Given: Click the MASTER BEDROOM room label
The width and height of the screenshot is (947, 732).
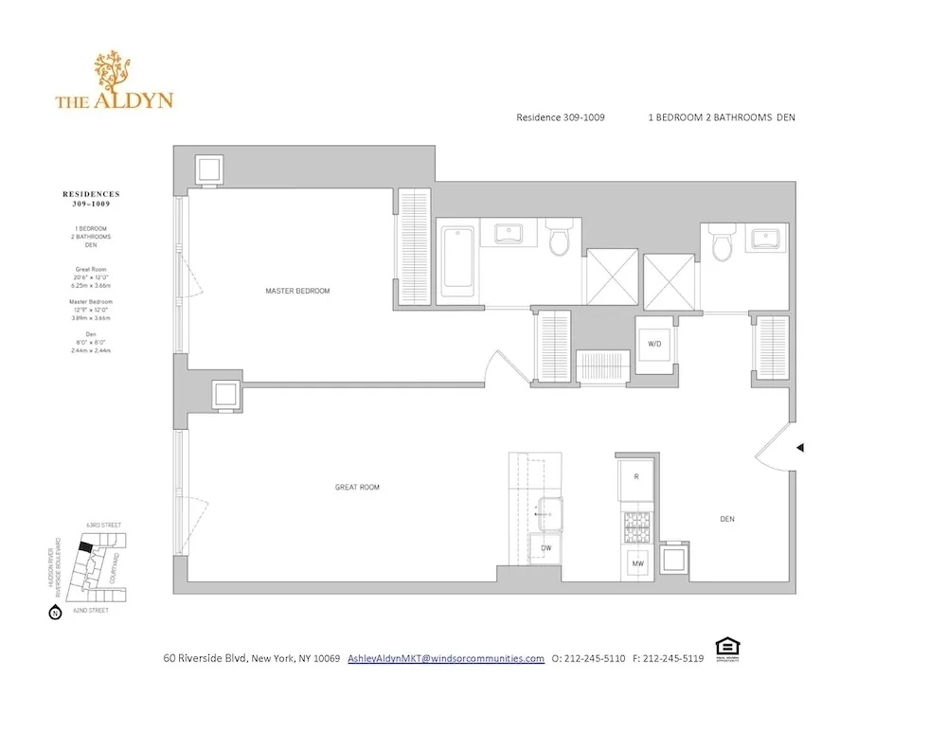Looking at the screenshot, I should pyautogui.click(x=297, y=291).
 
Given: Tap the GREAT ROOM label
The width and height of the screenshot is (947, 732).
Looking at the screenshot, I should pyautogui.click(x=357, y=488).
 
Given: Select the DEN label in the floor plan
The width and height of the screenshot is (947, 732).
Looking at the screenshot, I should pyautogui.click(x=727, y=519).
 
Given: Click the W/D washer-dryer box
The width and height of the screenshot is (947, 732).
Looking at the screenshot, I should pyautogui.click(x=654, y=345).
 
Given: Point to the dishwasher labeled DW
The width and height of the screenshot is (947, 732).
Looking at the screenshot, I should pyautogui.click(x=546, y=548).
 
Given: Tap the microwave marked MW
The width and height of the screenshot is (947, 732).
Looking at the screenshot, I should pyautogui.click(x=637, y=564).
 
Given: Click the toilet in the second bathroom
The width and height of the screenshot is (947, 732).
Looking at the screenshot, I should pyautogui.click(x=723, y=245).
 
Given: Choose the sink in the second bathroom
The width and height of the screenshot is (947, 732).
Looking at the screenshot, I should pyautogui.click(x=764, y=238).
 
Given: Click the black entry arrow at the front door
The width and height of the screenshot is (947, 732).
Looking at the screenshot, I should pyautogui.click(x=800, y=447).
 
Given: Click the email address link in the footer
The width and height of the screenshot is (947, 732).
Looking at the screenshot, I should pyautogui.click(x=446, y=658).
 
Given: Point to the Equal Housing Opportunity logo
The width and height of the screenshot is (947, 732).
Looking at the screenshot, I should pyautogui.click(x=728, y=650).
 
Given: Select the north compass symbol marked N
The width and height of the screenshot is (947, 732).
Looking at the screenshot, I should pyautogui.click(x=53, y=613).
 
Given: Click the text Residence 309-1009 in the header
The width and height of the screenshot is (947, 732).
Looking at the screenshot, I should pyautogui.click(x=561, y=117).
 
